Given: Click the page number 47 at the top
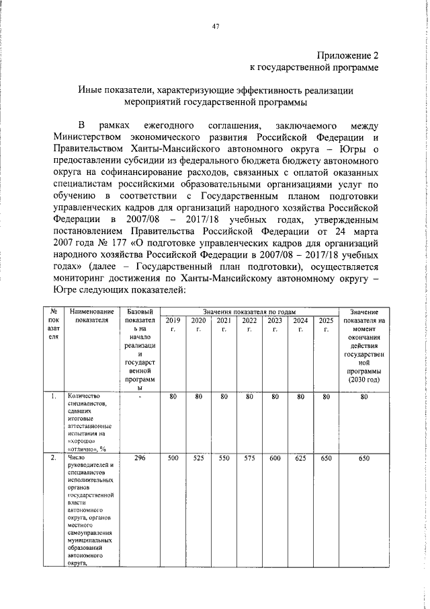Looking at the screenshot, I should tap(215, 26).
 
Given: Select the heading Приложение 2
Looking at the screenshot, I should tap(345, 55).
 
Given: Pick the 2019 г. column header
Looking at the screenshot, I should tap(173, 325).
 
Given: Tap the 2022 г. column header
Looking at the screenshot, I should tap(249, 325).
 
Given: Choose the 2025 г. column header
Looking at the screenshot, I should tap(326, 325).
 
